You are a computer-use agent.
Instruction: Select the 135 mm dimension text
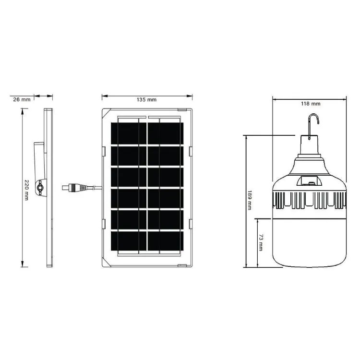tap(147, 100)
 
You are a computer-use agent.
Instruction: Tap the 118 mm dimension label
tap(311, 104)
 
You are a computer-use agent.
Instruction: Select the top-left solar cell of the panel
tap(124, 132)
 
